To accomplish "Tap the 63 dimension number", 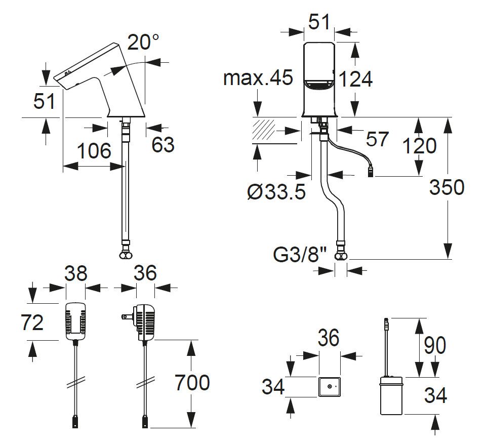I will tap(163, 145).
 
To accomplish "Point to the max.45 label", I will tap(258, 78).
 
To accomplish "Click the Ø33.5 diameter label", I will tap(277, 192).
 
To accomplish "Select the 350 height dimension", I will tap(447, 187).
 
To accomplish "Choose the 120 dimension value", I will tap(419, 146).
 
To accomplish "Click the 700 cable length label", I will tap(192, 383).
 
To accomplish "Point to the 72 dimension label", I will tap(32, 322).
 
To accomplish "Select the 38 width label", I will tap(75, 274).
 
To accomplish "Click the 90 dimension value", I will tap(434, 346).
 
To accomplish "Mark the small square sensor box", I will tap(330, 387).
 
